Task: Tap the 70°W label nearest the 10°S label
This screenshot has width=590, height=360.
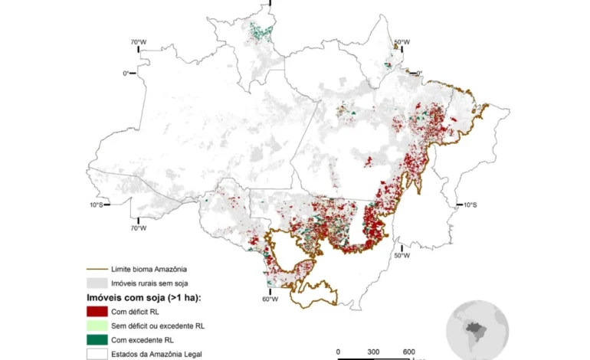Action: (x=138, y=227)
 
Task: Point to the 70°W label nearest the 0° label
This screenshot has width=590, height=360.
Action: (x=138, y=42)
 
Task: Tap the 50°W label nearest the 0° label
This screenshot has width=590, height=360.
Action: (x=402, y=42)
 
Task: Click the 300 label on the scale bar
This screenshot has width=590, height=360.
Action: (x=373, y=352)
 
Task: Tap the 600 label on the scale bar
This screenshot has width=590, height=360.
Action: (x=409, y=352)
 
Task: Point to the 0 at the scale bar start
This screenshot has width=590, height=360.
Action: (x=338, y=352)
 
